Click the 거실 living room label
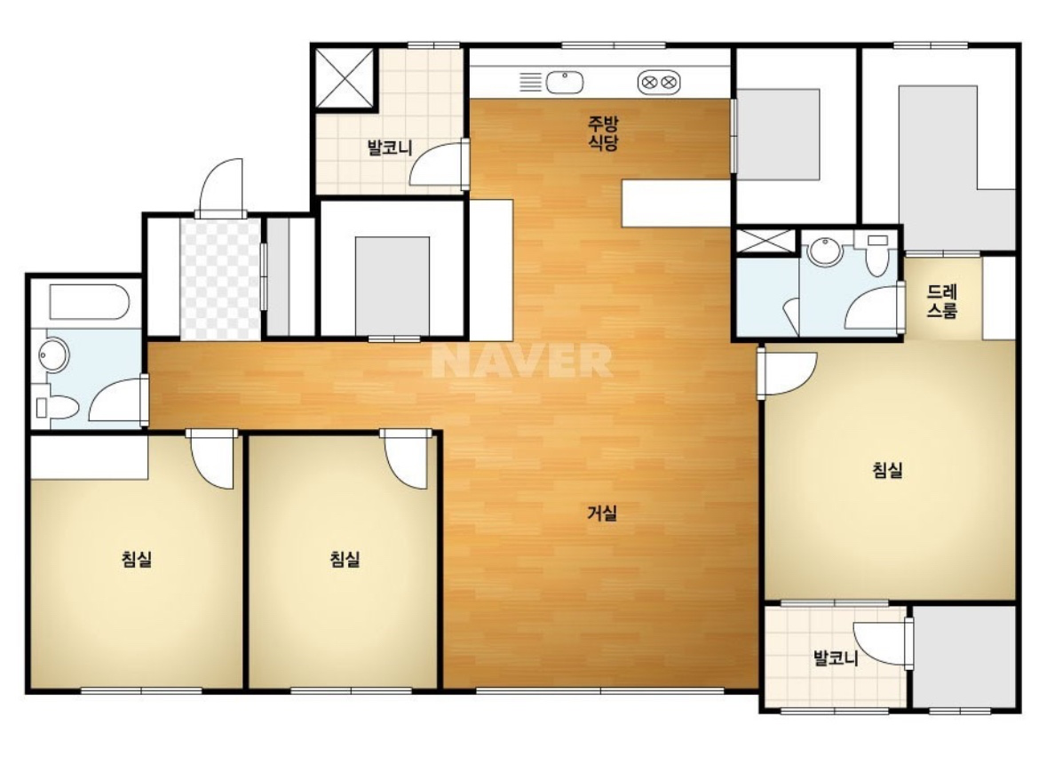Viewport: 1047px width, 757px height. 602,514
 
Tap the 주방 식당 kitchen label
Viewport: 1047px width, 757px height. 603,132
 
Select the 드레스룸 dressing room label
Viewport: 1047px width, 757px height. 942,301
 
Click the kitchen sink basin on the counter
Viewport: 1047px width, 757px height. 565,83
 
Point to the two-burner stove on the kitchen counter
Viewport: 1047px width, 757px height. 658,83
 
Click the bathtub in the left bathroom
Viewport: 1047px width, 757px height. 89,303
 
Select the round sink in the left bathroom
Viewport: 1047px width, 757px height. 53,355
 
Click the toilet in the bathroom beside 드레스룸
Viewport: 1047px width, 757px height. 876,253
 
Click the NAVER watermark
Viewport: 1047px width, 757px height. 522,361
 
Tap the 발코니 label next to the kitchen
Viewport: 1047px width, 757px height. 390,147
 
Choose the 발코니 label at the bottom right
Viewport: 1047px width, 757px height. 836,658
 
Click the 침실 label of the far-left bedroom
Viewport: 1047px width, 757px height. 137,559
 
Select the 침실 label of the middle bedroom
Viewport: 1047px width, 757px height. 345,559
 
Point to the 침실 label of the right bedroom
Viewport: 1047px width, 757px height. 888,470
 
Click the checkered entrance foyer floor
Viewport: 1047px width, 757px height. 219,278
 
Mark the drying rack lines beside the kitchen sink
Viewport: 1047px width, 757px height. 530,83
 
